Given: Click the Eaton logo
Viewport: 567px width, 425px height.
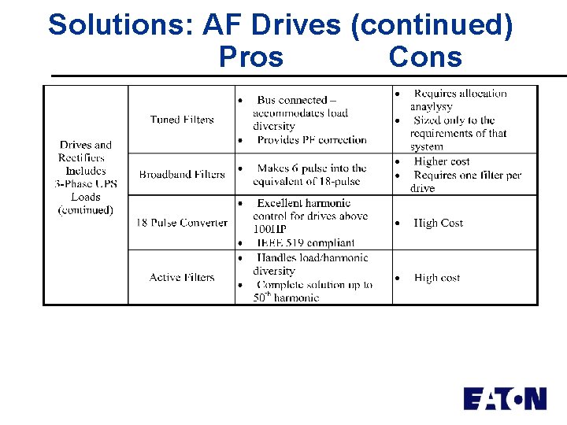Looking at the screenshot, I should [505, 398].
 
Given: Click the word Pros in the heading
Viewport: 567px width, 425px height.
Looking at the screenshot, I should [251, 57].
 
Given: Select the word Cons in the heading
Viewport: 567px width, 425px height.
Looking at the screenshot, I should [425, 57].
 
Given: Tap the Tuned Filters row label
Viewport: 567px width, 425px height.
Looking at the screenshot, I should [182, 120].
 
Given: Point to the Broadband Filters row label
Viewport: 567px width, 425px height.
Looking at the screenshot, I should [182, 174].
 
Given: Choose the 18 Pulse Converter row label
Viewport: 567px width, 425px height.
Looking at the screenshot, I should [182, 223].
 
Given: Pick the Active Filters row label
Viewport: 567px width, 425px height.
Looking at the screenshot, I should [182, 277].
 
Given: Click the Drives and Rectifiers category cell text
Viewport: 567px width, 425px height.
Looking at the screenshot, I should [86, 177].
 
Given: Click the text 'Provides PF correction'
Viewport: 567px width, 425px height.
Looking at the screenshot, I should [312, 140].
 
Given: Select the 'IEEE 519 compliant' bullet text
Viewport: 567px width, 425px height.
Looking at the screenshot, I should [306, 243].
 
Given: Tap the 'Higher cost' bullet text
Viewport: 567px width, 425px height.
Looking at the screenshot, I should [442, 161].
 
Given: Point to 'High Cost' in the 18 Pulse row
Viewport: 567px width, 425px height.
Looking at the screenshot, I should [439, 224].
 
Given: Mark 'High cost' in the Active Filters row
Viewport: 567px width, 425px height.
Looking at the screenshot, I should [437, 278].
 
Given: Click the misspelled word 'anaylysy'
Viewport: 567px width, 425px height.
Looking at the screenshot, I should [432, 106].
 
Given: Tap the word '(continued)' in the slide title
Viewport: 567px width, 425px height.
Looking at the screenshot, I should [432, 25].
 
